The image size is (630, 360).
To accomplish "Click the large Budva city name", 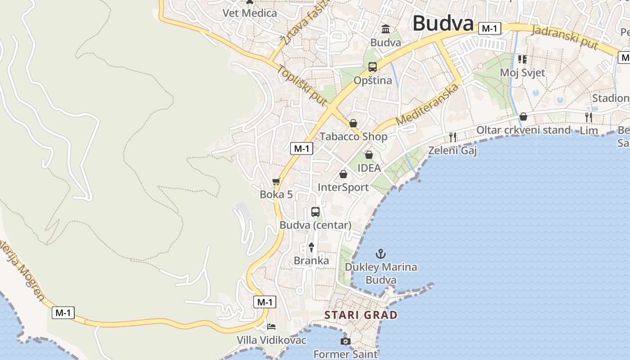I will pos(443,23).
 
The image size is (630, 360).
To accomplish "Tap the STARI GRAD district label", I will pos(361,315).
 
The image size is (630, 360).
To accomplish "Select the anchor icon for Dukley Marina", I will pos(381,254).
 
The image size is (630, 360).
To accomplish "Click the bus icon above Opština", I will pos(372,67).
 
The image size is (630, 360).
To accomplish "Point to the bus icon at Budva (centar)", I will pos(315,212).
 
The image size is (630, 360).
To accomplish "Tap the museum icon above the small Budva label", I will pos(386,30).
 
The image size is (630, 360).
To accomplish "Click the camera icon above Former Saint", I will pos(345,342).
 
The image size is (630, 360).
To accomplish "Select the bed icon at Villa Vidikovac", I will pos(271,327).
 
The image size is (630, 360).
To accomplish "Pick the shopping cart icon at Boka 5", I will pos(276,182).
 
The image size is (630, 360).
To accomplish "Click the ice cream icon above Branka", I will pos(311,247).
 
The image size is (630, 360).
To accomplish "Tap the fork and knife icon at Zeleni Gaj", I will pos(453,137).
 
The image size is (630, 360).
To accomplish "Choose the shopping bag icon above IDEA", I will pos(369,155).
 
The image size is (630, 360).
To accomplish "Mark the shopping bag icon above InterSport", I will pos(343,174).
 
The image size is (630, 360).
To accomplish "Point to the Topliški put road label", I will pos(302,86).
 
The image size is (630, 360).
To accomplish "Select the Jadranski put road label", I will pos(565,37).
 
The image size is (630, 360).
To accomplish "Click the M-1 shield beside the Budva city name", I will pos(489,29).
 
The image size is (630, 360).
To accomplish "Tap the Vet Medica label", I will pos(250,13).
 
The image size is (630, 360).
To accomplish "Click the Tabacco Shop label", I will pos(353,136).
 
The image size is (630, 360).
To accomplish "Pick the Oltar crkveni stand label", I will pos(523,130).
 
